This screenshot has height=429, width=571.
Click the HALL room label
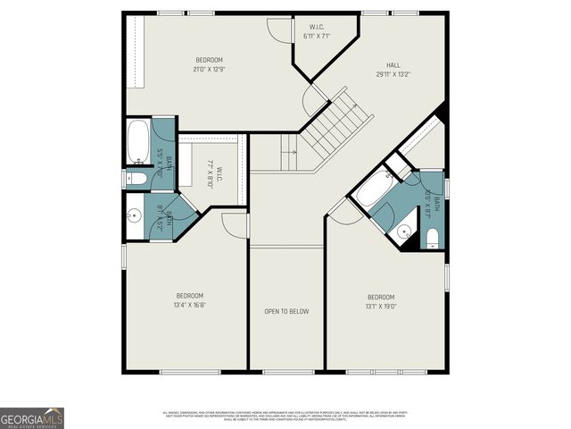393,65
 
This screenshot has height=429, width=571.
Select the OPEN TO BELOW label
286,311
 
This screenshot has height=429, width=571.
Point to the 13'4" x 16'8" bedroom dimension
189,304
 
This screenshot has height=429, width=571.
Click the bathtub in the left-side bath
138,143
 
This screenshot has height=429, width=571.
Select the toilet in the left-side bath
136,179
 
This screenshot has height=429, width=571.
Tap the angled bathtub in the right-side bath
367,191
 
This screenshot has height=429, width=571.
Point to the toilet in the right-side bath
432,236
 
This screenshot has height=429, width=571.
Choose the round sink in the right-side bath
404,231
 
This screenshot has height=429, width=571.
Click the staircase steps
334,130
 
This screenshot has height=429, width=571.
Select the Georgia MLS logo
32,417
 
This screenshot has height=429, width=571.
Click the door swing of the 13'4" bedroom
234,226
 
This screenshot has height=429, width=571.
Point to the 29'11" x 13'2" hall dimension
393,75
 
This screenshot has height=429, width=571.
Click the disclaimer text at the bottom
285,416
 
